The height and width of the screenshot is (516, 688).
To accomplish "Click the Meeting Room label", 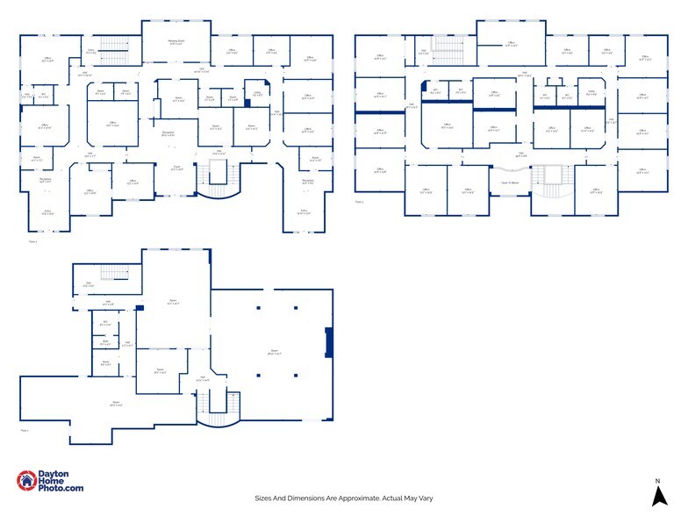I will tap(176, 41).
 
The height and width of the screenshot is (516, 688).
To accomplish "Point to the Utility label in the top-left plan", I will tap(257, 94).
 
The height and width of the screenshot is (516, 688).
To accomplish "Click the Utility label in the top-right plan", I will tap(591, 92).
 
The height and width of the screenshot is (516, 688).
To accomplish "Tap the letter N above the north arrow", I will tap(657, 481).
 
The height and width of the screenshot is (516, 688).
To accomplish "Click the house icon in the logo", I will tap(27, 481).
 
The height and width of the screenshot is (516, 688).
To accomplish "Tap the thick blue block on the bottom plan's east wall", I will tap(328, 342).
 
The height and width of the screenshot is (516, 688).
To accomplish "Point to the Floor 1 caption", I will tap(25, 431).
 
